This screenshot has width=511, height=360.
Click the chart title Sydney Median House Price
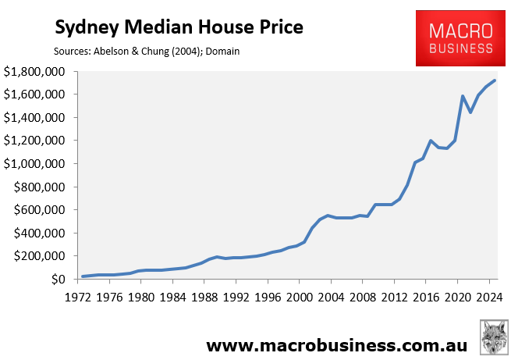click(178, 29)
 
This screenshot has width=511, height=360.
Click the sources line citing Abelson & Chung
click(147, 52)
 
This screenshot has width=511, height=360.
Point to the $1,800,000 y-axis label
click(36, 72)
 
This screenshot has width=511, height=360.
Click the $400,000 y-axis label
click(42, 233)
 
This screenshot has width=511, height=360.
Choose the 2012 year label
click(393, 298)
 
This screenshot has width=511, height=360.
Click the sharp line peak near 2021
click(463, 96)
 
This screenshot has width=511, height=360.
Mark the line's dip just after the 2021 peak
click(470, 112)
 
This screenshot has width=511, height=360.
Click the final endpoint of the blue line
click(495, 80)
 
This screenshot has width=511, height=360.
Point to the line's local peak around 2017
click(431, 141)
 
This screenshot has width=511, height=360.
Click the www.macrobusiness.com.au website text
click(336, 344)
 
